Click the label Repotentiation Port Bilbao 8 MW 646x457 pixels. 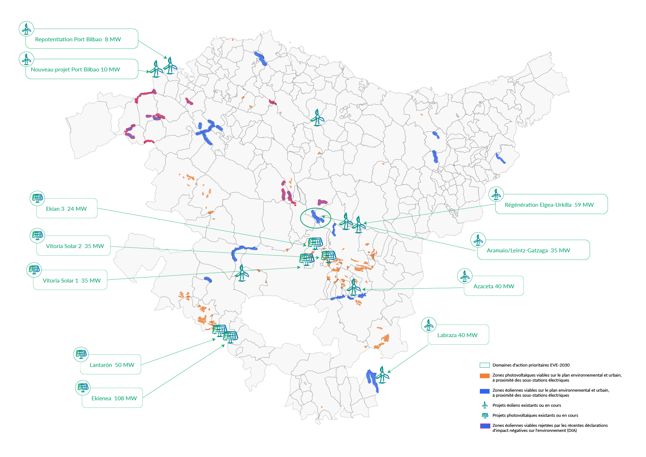point(78,39)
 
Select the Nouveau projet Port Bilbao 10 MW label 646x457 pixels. point(75,70)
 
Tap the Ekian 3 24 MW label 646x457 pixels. point(66,209)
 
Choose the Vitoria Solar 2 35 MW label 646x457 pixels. point(75,246)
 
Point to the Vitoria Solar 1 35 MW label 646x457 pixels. point(72,281)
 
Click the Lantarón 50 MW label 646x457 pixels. point(112,365)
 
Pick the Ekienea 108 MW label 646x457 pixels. point(114,398)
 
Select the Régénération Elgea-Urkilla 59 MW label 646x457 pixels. point(549,205)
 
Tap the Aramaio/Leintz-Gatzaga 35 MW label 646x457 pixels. point(528,251)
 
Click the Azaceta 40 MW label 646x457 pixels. point(494,286)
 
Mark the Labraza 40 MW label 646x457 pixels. point(457,335)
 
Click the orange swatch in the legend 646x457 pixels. point(484,376)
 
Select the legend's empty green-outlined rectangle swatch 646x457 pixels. point(484,365)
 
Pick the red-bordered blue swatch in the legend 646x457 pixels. point(485,426)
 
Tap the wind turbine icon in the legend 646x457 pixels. point(485,405)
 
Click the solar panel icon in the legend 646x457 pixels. point(485,415)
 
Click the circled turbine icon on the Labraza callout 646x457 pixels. point(429,325)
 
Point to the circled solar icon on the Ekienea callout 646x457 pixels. point(83,388)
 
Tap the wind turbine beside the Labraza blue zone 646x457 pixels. point(383,375)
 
